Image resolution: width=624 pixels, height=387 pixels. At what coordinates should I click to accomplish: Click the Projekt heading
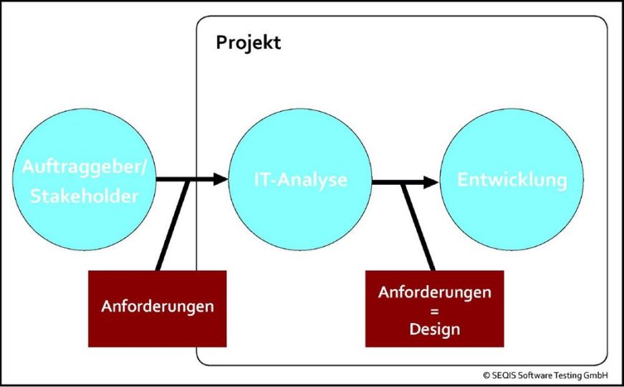[249, 43]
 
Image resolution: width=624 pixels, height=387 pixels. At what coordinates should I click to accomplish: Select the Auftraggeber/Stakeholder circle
[84, 180]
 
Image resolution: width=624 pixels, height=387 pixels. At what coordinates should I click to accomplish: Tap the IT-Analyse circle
[300, 180]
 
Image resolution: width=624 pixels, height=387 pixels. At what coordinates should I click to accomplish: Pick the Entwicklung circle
[512, 180]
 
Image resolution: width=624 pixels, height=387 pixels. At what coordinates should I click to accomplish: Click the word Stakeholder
[85, 196]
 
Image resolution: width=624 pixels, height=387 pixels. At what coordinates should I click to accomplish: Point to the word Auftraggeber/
[85, 166]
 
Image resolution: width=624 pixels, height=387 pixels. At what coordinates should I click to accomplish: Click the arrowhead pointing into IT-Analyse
[221, 178]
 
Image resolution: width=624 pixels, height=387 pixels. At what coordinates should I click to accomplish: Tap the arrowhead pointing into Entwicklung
[431, 182]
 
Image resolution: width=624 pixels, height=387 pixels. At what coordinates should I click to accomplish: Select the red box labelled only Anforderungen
[157, 309]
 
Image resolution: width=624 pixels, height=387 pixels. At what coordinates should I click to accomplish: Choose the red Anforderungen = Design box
[435, 309]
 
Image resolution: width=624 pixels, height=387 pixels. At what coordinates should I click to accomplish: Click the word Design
[435, 329]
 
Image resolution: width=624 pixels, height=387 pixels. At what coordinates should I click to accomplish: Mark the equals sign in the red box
[435, 311]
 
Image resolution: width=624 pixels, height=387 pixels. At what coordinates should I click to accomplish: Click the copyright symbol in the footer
[486, 376]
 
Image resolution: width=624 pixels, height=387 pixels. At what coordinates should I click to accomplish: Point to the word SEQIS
[501, 376]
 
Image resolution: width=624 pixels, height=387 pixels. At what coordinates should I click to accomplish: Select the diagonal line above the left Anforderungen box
[172, 225]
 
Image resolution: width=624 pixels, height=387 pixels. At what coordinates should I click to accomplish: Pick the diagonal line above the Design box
[418, 227]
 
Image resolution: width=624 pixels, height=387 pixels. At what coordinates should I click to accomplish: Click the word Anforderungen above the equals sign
[435, 292]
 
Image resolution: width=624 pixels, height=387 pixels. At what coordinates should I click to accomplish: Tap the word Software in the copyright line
[532, 376]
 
